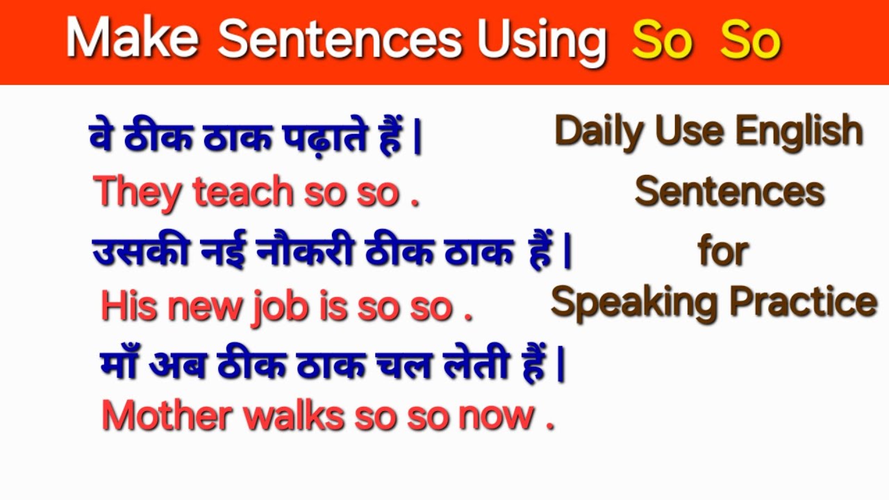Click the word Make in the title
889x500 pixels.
[132, 40]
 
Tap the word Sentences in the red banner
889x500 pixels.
[339, 40]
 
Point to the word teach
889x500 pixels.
[243, 192]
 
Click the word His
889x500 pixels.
[127, 306]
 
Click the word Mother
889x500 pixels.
[167, 415]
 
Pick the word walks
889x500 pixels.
[294, 415]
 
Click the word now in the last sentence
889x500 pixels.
[496, 415]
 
